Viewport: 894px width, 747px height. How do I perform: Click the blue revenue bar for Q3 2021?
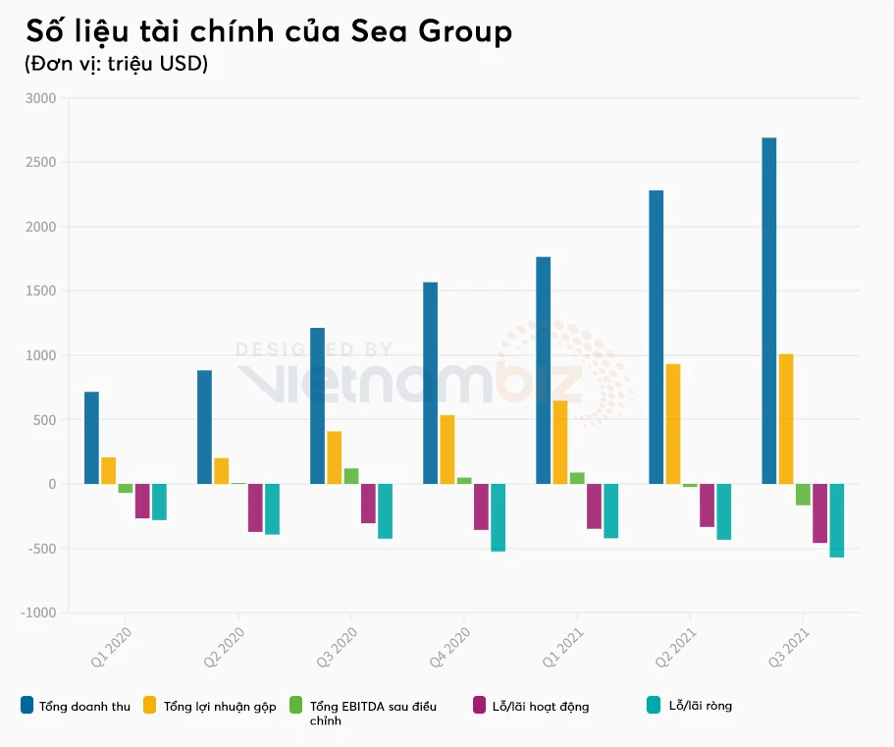pos(769,310)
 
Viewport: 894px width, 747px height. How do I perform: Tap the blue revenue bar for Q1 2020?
pos(91,438)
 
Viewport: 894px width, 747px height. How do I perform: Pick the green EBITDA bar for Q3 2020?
pos(351,476)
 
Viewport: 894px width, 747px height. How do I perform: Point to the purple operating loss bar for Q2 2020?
pos(255,507)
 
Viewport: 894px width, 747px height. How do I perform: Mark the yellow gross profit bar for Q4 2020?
pos(447,450)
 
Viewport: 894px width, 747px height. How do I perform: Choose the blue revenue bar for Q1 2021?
pos(543,370)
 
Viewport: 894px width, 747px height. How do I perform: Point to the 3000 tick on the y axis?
pos(42,98)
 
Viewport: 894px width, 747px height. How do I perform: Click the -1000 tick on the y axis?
pos(39,614)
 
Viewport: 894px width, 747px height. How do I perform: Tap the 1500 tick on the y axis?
pos(42,292)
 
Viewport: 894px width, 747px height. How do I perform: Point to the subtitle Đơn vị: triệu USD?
pos(116,64)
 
